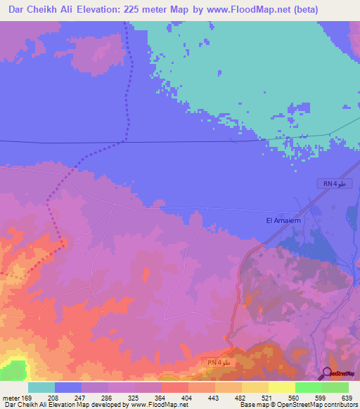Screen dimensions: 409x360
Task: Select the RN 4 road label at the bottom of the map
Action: tap(219, 362)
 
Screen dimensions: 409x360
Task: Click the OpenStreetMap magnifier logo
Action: tap(328, 373)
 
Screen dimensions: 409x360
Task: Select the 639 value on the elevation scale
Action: tap(345, 398)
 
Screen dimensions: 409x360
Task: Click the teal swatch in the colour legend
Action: tap(41, 387)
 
